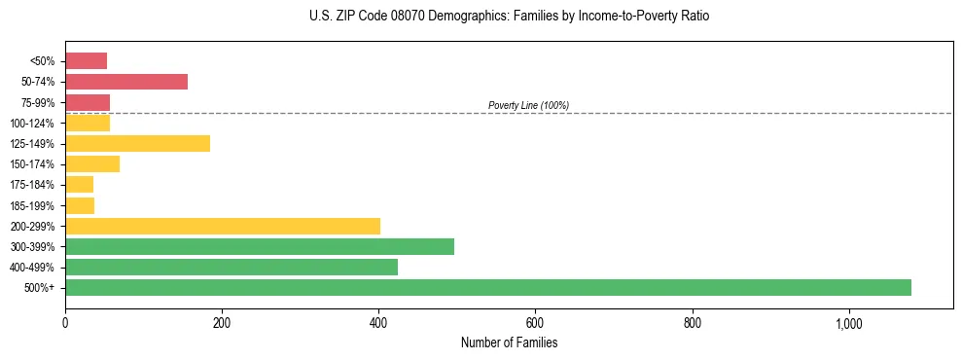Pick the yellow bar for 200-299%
(x=223, y=226)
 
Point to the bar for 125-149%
(x=137, y=144)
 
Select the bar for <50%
(x=86, y=61)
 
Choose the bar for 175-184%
(x=79, y=185)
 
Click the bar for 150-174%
(x=92, y=164)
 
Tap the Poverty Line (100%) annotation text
(x=528, y=105)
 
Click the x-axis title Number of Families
(x=509, y=342)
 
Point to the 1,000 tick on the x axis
(x=849, y=323)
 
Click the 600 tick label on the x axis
(x=535, y=323)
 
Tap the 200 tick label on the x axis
(x=222, y=323)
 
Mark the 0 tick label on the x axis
(x=65, y=323)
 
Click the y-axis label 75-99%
(x=38, y=103)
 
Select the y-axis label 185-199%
(x=34, y=205)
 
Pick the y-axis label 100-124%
(x=34, y=124)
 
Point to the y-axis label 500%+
(x=40, y=288)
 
